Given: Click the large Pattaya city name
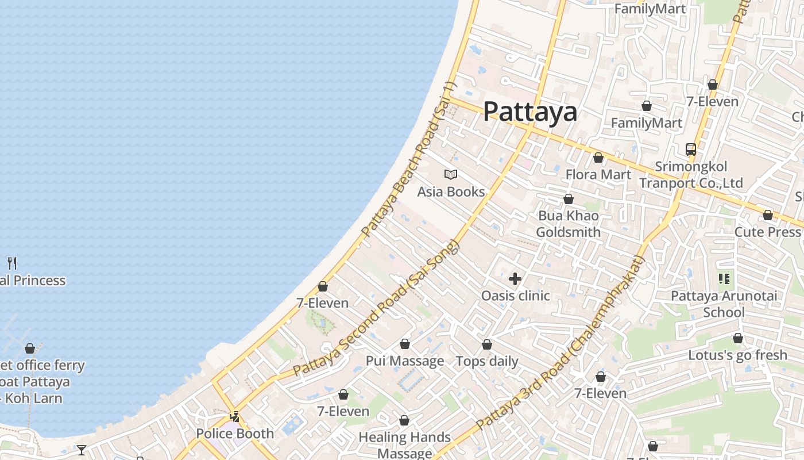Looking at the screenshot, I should coord(529,112).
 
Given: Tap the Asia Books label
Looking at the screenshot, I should coord(451,191).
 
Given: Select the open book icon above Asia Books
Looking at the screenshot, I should coord(451,174).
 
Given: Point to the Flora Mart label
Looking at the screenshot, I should coord(598,174).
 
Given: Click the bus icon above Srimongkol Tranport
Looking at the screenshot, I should coord(691,149).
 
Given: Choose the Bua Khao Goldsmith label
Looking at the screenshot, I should coord(568,224).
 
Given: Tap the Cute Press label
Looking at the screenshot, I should coord(767,232).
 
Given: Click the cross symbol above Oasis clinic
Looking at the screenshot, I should coord(515,279).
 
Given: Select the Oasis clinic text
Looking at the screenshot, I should coord(515,296).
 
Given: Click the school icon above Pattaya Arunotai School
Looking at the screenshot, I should coord(724,279).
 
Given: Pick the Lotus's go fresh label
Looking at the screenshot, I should coord(737,355).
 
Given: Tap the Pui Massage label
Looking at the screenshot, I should coord(405,361).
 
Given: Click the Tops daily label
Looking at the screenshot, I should coord(486,361).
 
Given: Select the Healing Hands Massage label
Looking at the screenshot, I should coord(404,445).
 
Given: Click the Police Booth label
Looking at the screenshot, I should coord(235,434).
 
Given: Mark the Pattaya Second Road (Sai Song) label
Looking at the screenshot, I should coord(377,308).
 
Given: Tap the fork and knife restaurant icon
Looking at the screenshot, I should coord(12,263).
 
